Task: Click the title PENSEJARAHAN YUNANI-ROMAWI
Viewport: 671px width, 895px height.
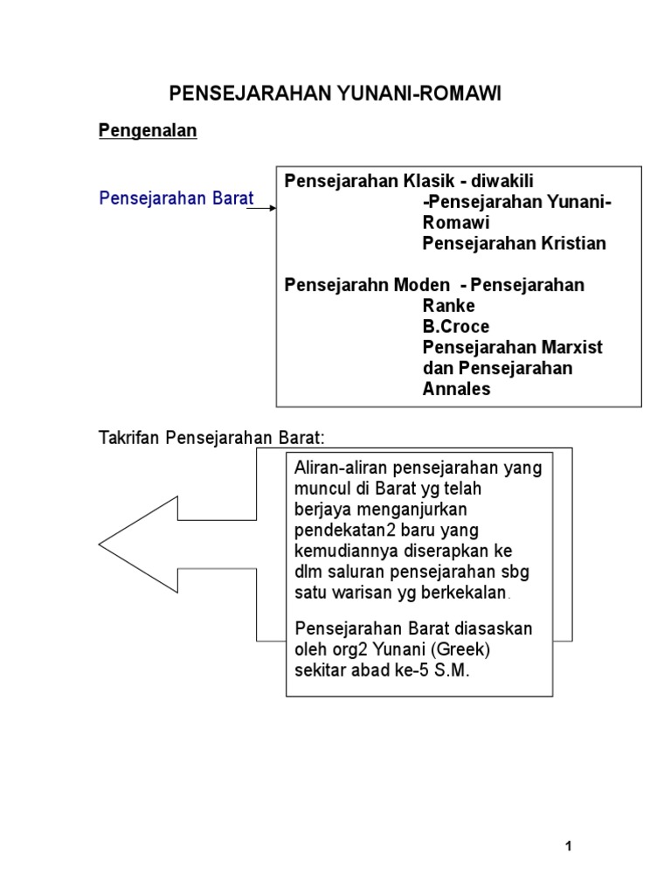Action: [x=335, y=94]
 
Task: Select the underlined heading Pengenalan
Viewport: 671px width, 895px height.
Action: [x=148, y=131]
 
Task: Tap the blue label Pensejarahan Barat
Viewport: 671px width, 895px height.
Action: [x=176, y=198]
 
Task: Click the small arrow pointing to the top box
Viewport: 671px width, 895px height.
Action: [x=267, y=207]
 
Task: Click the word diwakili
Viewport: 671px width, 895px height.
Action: [x=502, y=181]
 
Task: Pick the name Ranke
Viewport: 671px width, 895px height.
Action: [x=448, y=306]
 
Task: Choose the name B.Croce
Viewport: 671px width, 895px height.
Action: [x=456, y=327]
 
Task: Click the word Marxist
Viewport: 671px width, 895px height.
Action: [x=570, y=348]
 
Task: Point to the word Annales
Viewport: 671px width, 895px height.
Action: [x=456, y=390]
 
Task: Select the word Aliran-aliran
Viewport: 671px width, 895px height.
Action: [x=342, y=468]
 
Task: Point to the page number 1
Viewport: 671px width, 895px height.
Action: [x=568, y=846]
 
